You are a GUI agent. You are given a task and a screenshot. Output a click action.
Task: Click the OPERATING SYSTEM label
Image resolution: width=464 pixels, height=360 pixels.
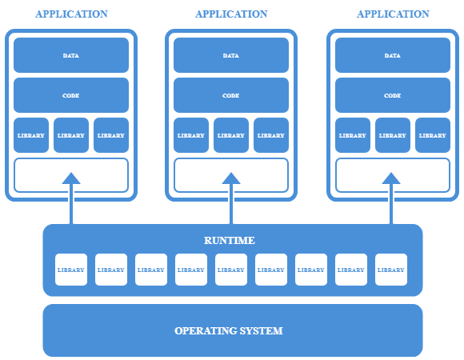[229, 330]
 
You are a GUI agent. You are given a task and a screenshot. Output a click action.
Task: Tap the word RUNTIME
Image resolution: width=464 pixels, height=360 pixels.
[230, 240]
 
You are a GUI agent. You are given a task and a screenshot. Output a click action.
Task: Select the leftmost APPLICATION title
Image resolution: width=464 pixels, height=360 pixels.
[71, 14]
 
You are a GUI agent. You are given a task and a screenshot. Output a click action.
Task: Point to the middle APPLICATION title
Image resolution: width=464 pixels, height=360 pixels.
[231, 14]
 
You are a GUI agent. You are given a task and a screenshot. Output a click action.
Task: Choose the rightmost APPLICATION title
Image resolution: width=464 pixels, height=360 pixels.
[393, 14]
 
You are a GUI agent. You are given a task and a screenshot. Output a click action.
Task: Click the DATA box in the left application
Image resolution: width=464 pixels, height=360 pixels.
[71, 55]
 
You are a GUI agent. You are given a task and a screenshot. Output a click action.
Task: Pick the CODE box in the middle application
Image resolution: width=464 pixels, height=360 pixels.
[231, 95]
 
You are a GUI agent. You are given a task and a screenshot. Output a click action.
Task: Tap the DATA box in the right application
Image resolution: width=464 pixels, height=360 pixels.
[393, 55]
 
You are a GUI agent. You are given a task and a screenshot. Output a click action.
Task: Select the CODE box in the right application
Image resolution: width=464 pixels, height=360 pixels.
[393, 95]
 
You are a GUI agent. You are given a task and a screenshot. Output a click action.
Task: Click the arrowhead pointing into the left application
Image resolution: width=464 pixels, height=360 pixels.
[71, 178]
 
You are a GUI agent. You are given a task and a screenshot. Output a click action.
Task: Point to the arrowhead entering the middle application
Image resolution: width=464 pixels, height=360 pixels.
[231, 178]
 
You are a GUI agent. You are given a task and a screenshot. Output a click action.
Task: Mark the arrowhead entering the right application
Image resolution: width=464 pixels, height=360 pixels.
[391, 178]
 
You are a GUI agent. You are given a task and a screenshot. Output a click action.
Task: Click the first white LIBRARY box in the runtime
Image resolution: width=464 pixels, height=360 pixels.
[71, 270]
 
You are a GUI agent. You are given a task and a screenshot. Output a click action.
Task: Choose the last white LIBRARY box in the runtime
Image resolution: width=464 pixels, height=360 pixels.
[391, 270]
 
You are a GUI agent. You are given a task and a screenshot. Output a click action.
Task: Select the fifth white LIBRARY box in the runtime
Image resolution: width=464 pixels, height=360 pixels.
[231, 270]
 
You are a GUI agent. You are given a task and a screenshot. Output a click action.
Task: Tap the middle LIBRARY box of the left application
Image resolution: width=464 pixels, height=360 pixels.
[71, 135]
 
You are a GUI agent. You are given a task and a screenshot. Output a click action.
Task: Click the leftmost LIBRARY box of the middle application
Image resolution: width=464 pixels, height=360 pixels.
[191, 135]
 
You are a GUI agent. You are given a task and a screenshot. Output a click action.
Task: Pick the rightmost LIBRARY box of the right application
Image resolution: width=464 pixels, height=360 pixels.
[433, 135]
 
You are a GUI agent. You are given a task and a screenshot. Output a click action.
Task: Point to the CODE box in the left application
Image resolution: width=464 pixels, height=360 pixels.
[71, 95]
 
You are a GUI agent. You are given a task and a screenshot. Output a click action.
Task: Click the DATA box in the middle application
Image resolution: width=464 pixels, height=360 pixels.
[231, 55]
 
